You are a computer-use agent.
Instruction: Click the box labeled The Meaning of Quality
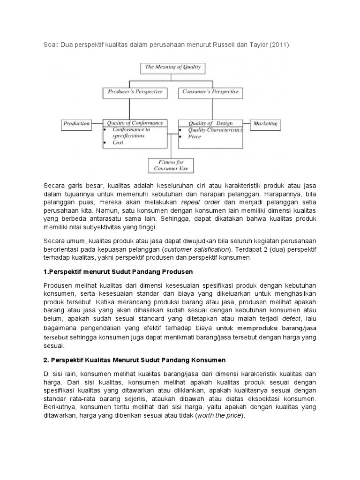[x=172, y=67]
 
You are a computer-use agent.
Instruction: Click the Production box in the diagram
[x=76, y=124]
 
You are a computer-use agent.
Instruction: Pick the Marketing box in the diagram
[x=265, y=124]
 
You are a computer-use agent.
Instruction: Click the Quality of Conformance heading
[x=135, y=123]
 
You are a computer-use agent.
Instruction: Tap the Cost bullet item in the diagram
[x=118, y=142]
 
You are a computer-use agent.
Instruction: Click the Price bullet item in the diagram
[x=195, y=136]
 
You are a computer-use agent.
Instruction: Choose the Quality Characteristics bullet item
[x=215, y=130]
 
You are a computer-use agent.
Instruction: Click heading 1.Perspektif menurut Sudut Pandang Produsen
[x=118, y=272]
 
